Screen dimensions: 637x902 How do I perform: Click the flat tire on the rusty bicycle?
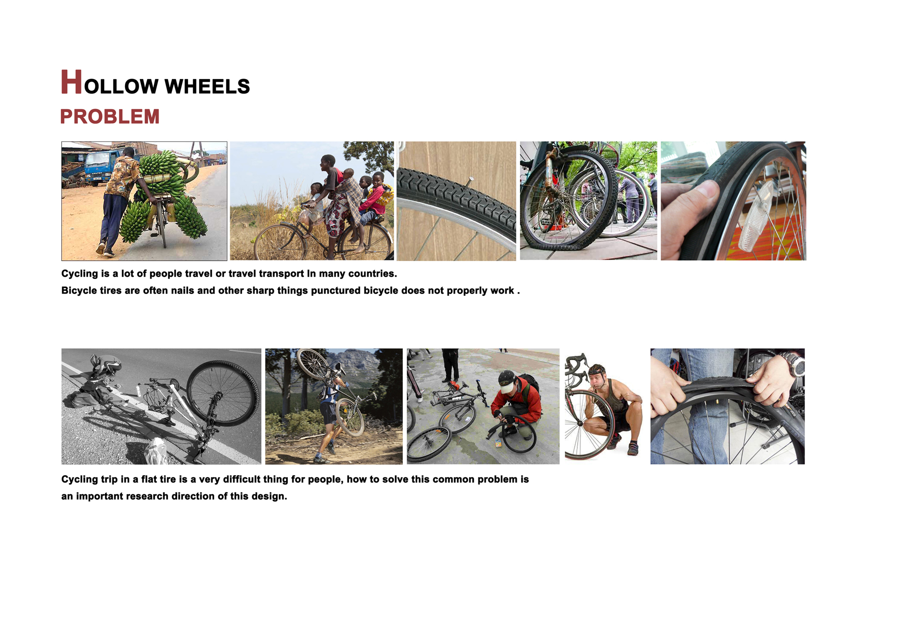point(566,232)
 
